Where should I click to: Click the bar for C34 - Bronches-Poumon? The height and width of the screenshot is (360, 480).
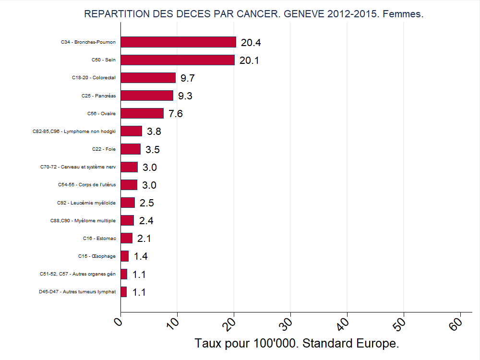[178, 42]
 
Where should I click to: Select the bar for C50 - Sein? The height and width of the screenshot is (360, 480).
[178, 60]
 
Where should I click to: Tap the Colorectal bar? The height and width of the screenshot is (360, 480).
[148, 78]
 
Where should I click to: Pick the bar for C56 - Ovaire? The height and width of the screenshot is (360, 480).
[142, 113]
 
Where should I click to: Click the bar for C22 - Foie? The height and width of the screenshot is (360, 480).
[131, 149]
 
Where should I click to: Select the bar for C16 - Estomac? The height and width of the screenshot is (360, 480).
[127, 238]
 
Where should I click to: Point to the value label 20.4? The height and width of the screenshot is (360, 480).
[251, 43]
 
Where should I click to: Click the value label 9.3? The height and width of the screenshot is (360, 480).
[185, 96]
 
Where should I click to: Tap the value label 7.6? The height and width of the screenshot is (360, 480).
[176, 114]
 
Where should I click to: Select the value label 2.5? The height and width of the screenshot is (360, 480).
[147, 203]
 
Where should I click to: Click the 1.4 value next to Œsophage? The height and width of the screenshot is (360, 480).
[141, 256]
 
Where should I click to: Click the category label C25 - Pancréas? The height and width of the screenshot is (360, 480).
[98, 96]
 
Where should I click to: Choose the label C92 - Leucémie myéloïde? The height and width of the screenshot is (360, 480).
[86, 203]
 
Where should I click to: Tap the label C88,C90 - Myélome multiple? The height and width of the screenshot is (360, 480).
[83, 221]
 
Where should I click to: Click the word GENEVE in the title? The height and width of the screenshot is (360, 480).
[304, 14]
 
